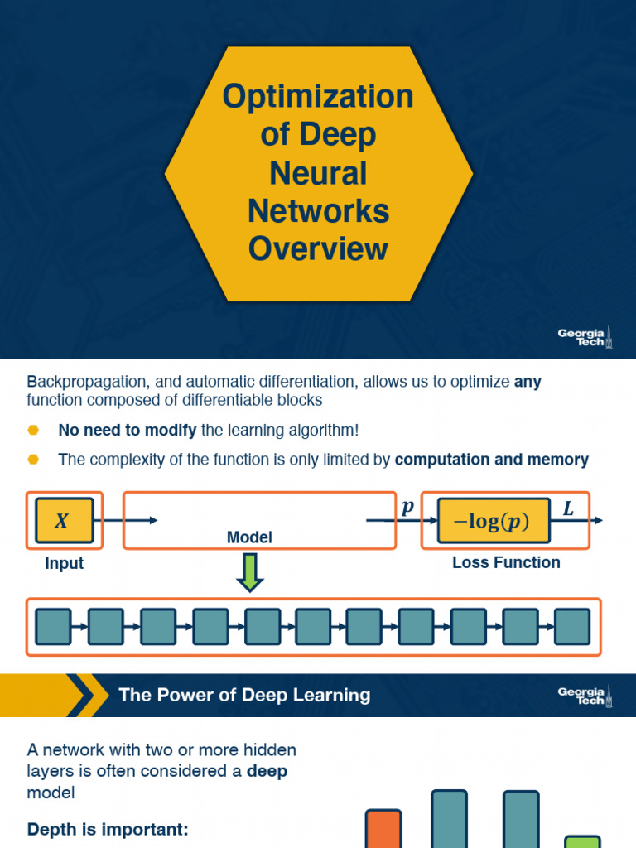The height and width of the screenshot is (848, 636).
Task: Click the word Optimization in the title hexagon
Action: pos(318,97)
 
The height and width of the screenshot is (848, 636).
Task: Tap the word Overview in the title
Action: pos(318,249)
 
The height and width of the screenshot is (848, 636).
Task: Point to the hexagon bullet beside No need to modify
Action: pos(33,430)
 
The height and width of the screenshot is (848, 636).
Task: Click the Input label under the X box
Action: pos(64,563)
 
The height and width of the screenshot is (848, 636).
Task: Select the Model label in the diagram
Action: pos(249,537)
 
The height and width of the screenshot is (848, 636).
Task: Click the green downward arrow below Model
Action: pos(249,572)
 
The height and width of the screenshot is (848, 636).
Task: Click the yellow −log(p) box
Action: pos(494,521)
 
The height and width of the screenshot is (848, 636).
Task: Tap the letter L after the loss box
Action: pos(568,509)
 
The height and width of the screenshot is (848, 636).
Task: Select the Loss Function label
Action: pos(506,562)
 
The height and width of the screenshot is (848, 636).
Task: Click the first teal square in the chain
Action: pos(54,627)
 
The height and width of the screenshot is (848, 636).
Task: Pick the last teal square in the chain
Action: pos(572,627)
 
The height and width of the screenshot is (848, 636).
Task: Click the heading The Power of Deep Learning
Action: pos(244,695)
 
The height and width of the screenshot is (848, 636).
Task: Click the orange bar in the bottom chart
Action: pos(383,828)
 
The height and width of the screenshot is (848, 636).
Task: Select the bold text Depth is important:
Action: pos(108,828)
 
